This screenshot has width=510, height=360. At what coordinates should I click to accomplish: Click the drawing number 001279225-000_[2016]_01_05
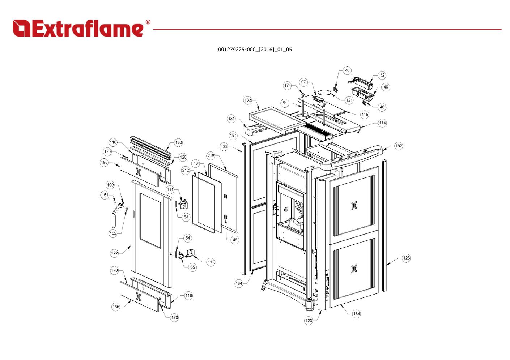[255, 50]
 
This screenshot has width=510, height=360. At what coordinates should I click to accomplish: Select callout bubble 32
[382, 75]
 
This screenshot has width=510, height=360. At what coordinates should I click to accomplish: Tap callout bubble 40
[386, 87]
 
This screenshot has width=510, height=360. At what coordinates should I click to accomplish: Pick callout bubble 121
[349, 100]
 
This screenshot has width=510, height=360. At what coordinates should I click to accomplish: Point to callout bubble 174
[288, 86]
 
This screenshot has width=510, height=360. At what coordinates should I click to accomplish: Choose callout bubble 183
[248, 100]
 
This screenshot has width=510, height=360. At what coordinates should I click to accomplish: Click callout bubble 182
[399, 146]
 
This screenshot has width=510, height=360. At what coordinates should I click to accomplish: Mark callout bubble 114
[382, 123]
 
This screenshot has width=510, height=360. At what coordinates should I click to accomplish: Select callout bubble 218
[211, 156]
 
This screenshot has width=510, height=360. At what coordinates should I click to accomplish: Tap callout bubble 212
[186, 170]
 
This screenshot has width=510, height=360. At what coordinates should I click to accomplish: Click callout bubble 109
[110, 185]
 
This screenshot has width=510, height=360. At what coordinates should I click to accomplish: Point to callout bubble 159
[113, 233]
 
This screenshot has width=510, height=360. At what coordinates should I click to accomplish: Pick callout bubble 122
[114, 253]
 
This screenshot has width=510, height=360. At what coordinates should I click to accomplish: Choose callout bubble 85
[192, 267]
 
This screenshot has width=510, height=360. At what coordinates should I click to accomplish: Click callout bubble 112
[211, 262]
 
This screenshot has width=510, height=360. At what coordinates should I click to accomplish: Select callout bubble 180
[179, 142]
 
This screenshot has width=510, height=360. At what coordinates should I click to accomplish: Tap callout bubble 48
[235, 240]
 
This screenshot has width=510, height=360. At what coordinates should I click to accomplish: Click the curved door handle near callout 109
[113, 218]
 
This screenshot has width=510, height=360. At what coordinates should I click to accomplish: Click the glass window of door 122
[150, 220]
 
